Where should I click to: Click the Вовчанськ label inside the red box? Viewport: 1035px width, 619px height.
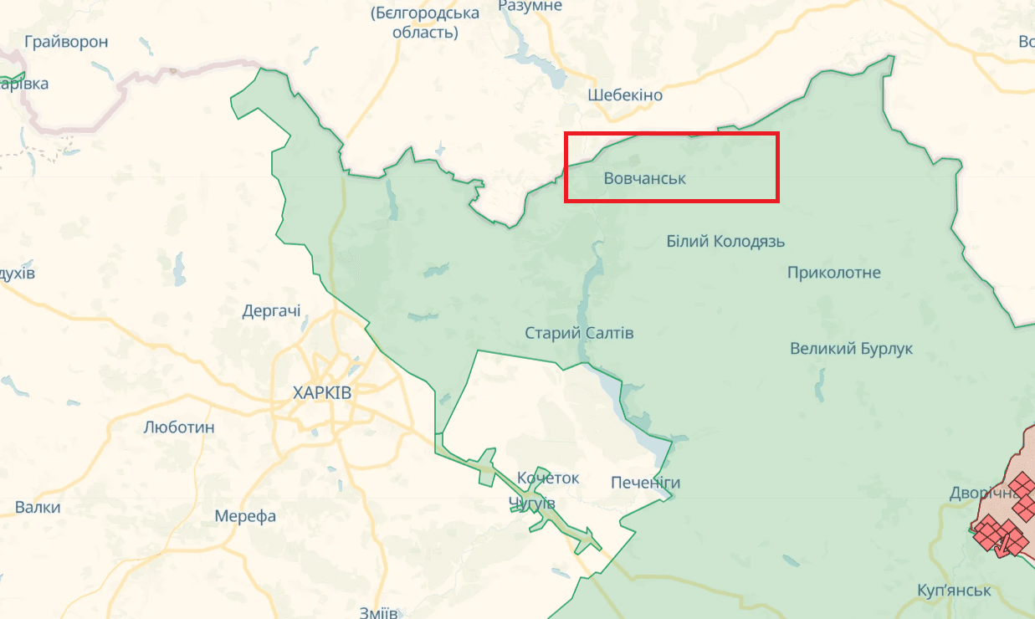click(644, 178)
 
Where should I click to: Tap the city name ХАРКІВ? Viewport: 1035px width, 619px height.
click(322, 393)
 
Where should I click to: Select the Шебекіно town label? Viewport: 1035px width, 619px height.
click(625, 95)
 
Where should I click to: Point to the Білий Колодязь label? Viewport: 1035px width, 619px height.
click(725, 242)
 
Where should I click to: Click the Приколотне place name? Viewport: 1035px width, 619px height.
click(833, 273)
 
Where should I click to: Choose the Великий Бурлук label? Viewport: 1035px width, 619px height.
click(851, 349)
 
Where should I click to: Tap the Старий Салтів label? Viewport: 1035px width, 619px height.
click(579, 333)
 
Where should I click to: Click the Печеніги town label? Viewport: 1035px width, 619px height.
click(645, 483)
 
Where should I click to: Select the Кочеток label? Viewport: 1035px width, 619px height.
click(548, 478)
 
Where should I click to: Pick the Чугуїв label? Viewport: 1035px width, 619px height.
click(532, 503)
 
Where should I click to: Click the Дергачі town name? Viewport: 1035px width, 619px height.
click(271, 311)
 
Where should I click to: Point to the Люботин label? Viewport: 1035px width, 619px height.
click(179, 427)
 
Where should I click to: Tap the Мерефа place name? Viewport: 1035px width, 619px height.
click(245, 516)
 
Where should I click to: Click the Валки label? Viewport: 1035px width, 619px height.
click(38, 508)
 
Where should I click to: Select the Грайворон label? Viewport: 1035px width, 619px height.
click(66, 42)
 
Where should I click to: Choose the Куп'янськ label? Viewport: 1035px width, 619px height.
click(953, 590)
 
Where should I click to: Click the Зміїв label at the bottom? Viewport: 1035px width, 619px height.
click(378, 611)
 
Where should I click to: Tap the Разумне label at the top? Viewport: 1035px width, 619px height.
click(530, 6)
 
